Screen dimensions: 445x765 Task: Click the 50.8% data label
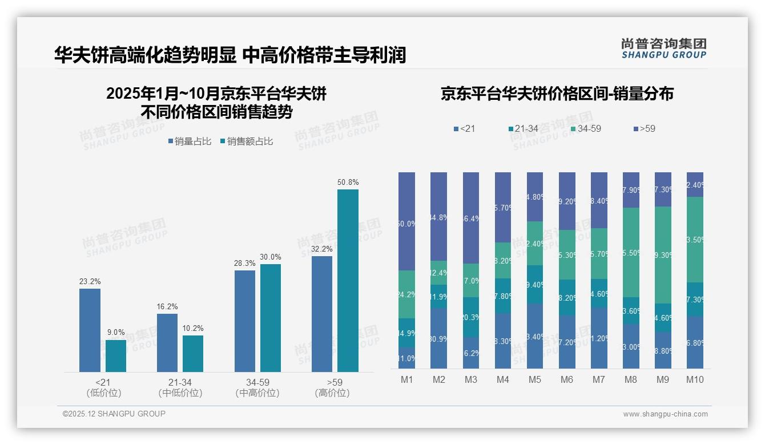click(348, 182)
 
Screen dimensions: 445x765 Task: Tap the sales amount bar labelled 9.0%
click(116, 355)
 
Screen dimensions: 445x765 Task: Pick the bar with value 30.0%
click(271, 318)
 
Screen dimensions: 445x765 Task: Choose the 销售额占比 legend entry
click(246, 141)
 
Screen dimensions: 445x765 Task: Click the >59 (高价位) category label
click(332, 387)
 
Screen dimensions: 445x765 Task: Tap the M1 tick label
click(406, 379)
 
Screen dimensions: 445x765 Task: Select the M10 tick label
click(694, 379)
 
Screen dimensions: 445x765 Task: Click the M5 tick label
click(534, 379)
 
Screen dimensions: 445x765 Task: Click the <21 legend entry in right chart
click(464, 129)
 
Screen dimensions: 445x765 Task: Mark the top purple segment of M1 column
click(406, 221)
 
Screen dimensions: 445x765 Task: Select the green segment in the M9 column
click(663, 254)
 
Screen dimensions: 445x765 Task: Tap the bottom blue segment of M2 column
click(438, 338)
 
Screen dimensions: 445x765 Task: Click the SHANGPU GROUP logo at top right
click(663, 48)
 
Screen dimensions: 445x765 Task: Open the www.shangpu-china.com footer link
click(665, 414)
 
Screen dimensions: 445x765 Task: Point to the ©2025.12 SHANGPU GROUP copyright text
click(114, 414)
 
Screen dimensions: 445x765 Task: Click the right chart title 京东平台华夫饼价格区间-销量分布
click(557, 94)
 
